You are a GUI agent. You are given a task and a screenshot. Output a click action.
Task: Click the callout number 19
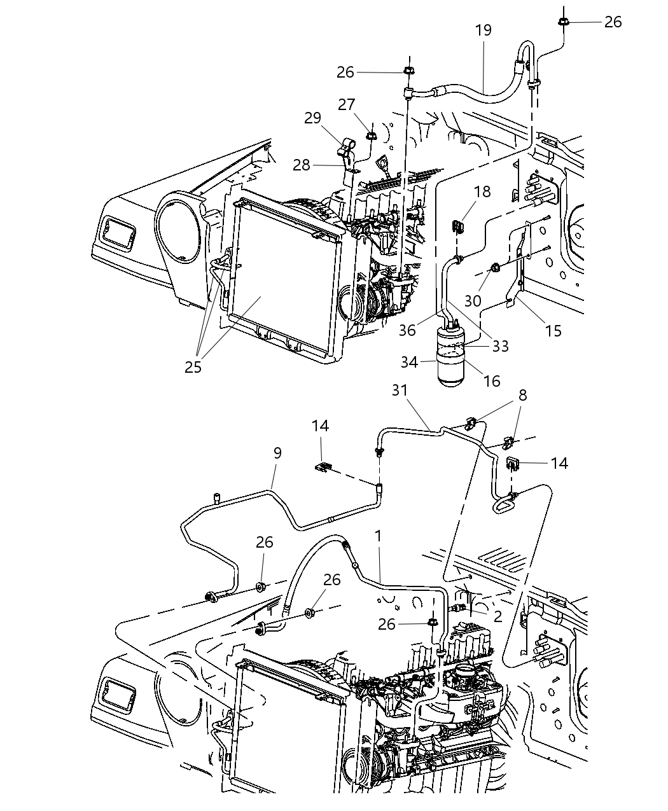tap(484, 30)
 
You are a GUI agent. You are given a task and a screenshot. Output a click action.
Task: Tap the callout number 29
tap(312, 118)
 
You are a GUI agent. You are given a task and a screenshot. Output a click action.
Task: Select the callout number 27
tap(346, 104)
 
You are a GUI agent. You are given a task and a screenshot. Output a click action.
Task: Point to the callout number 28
tap(302, 165)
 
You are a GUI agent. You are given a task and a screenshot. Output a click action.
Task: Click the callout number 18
tap(482, 191)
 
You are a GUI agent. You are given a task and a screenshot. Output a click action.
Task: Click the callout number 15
tap(553, 331)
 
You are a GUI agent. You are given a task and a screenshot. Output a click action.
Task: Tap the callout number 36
tap(407, 330)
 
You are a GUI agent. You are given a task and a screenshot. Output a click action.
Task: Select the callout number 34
tap(409, 362)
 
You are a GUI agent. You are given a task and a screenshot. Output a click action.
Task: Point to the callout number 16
tap(492, 381)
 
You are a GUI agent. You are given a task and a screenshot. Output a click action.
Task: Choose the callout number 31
tap(399, 391)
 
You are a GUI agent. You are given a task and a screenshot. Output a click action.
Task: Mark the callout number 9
tap(277, 453)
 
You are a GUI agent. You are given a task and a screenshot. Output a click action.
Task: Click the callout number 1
tap(378, 536)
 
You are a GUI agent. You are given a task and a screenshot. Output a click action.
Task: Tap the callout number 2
tap(498, 615)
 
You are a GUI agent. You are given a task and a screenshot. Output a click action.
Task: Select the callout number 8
tap(522, 394)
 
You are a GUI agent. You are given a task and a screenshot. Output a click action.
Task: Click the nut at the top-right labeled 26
tap(564, 22)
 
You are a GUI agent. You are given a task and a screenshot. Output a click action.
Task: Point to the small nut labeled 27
tap(370, 134)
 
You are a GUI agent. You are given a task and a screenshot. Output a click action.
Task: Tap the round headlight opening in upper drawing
tap(181, 226)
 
